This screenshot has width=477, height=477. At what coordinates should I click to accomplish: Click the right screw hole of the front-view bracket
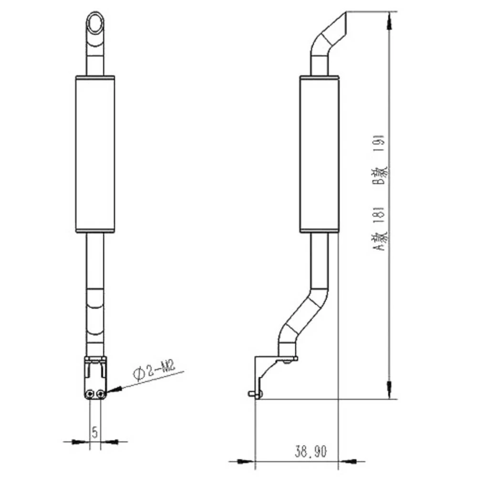coord(100,394)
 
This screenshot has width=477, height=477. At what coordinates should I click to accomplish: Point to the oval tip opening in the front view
coord(95,22)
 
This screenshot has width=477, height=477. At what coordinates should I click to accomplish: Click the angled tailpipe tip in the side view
coord(334,29)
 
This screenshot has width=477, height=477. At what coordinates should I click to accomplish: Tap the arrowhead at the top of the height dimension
coord(390,19)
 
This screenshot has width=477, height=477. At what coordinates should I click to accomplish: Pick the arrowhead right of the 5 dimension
coord(110,442)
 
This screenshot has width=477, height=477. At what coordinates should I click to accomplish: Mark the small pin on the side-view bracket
coord(251,394)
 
